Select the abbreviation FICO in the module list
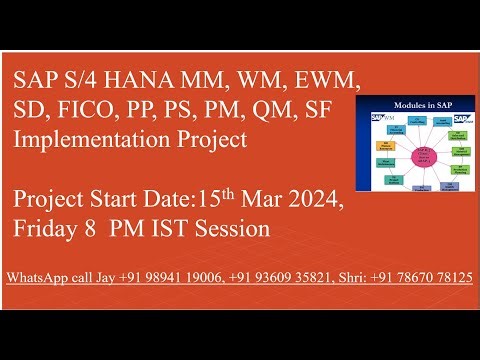[x=82, y=109]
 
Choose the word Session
[x=239, y=230]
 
